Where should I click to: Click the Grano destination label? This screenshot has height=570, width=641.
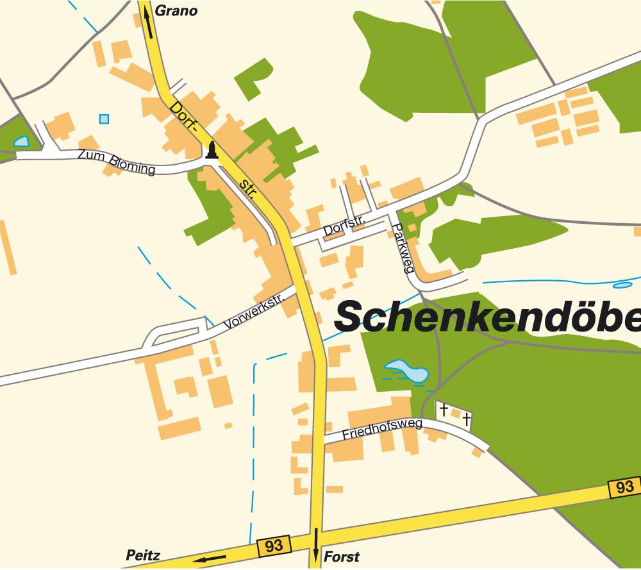tap(177, 11)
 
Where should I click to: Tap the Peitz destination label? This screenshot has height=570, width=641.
tap(143, 555)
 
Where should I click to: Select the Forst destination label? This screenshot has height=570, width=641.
tap(342, 557)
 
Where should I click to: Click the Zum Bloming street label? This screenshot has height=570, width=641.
tap(116, 162)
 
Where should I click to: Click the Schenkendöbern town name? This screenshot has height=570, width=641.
tap(487, 316)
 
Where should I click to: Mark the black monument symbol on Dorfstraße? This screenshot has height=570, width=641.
tap(210, 151)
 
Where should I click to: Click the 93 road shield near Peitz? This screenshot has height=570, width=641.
tap(274, 546)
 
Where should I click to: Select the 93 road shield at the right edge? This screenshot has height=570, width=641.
tap(624, 487)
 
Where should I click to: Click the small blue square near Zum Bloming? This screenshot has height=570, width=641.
tap(104, 119)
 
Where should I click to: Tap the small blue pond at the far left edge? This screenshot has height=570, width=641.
tap(21, 141)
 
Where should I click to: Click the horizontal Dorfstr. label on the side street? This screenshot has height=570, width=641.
tap(344, 226)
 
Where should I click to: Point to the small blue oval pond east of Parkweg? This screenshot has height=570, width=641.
tap(622, 285)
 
